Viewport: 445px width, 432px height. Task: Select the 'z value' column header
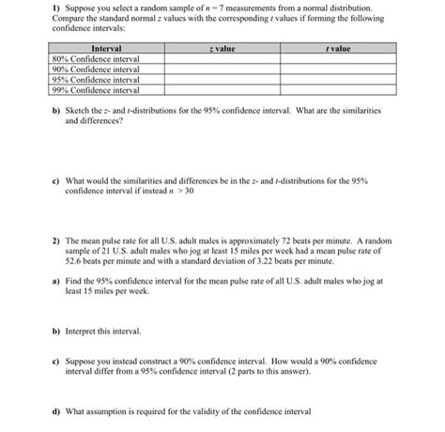pyautogui.click(x=222, y=48)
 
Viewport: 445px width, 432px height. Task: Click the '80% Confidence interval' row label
pyautogui.click(x=95, y=59)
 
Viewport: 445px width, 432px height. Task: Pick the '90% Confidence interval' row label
pyautogui.click(x=95, y=69)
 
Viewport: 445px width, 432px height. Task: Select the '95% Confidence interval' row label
pyautogui.click(x=95, y=80)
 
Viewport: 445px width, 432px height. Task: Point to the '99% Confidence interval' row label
pyautogui.click(x=95, y=90)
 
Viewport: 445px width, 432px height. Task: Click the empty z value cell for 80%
pyautogui.click(x=222, y=59)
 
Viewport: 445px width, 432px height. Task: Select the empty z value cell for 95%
pyautogui.click(x=222, y=80)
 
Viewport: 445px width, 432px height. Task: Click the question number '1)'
pyautogui.click(x=54, y=8)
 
